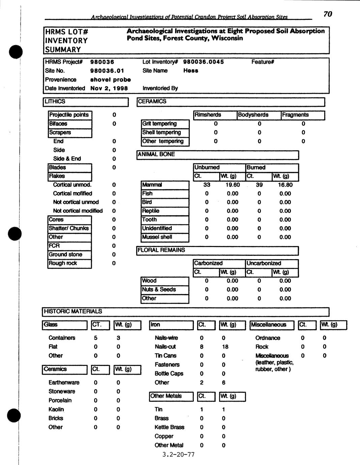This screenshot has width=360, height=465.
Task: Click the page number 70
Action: pyautogui.click(x=328, y=14)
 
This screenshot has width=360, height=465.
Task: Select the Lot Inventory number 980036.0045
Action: pyautogui.click(x=203, y=62)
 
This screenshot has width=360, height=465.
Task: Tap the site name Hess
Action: pyautogui.click(x=191, y=71)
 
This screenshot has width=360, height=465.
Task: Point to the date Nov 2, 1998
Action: pyautogui.click(x=109, y=88)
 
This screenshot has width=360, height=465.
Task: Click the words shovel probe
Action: pyautogui.click(x=110, y=80)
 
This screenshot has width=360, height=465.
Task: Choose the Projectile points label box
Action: pyautogui.click(x=69, y=115)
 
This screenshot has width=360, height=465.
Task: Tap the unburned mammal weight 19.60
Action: pyautogui.click(x=232, y=185)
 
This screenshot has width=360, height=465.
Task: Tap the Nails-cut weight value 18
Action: pyautogui.click(x=225, y=347)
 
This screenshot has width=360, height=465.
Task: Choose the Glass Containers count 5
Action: pyautogui.click(x=96, y=338)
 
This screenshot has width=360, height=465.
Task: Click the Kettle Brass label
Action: pyautogui.click(x=169, y=427)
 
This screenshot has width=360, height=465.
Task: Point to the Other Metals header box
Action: pyautogui.click(x=171, y=396)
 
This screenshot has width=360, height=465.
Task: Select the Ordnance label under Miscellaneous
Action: pyautogui.click(x=268, y=338)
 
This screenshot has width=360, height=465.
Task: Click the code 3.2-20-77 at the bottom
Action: pyautogui.click(x=178, y=455)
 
